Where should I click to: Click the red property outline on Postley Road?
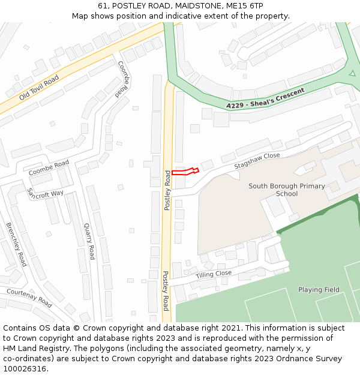[x=185, y=172]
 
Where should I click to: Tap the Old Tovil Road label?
[x=39, y=88]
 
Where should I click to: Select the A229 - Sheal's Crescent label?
[x=265, y=98]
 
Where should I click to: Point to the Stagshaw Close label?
[x=257, y=159]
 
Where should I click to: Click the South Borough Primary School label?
[x=287, y=190]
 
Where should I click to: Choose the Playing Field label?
[x=319, y=290]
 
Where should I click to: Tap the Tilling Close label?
[x=213, y=274]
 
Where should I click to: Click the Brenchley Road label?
[x=16, y=244]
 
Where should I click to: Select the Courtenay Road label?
[x=29, y=298]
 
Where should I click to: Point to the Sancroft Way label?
[x=45, y=194]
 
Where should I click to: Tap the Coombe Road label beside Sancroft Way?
[x=49, y=168]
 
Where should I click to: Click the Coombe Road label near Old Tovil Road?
[x=122, y=79]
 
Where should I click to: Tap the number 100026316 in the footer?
[x=25, y=368]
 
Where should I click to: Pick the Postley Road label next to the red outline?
[x=168, y=190]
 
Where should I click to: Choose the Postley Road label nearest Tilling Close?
[x=166, y=290]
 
